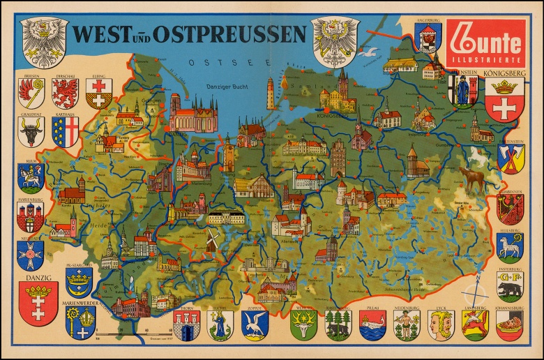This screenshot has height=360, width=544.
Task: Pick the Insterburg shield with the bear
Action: pyautogui.click(x=510, y=285)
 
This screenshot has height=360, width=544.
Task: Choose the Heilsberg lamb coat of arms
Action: pyautogui.click(x=510, y=246)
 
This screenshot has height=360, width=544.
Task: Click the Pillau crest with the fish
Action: pyautogui.click(x=372, y=324)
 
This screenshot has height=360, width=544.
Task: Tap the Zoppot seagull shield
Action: pyautogui.click(x=254, y=324)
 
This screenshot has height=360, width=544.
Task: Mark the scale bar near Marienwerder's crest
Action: pyautogui.click(x=133, y=327)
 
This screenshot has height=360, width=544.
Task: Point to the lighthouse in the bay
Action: pyautogui.click(x=271, y=93)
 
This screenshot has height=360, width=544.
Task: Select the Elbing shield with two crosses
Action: pyautogui.click(x=98, y=93)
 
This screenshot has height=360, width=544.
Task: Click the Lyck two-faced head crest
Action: pyautogui.click(x=440, y=324)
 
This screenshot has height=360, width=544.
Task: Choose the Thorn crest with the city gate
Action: pyautogui.click(x=186, y=325)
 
